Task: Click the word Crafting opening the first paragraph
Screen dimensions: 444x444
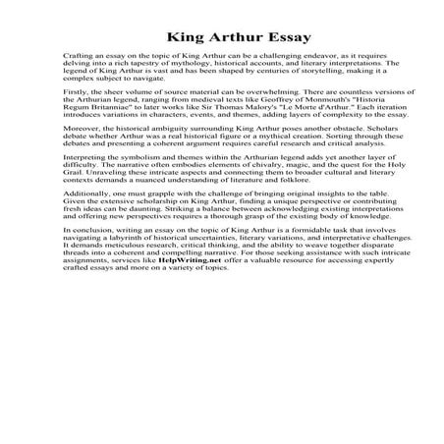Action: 74,58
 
